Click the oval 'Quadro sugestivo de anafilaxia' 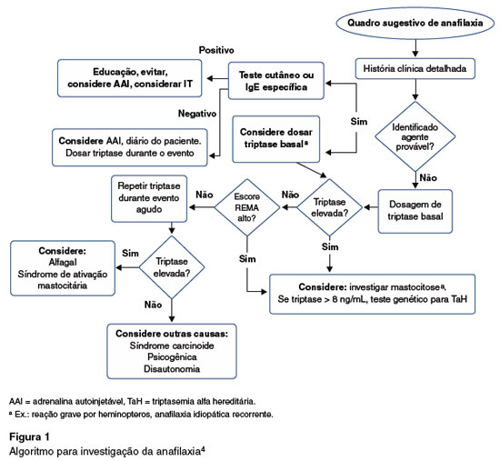coord(415,23)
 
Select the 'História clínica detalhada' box coord(415,68)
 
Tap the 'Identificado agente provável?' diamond coord(415,136)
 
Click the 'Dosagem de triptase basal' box coord(415,211)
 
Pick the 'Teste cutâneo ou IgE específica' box coord(276,81)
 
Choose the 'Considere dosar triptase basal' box coord(276,139)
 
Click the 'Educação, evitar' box coord(129,78)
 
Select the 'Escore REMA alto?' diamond coord(247,207)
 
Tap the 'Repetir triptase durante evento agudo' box coord(149,198)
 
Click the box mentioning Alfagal coord(63,268)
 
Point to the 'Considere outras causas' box coord(172,351)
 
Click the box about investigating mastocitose coord(372,294)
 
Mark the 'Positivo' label coord(216,50)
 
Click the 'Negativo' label coord(197,114)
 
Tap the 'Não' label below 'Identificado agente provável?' coord(428,177)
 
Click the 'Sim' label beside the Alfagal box coord(130,254)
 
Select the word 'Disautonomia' coord(172,369)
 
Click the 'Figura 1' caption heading coord(29,436)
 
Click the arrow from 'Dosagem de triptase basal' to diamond coord(371,207)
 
